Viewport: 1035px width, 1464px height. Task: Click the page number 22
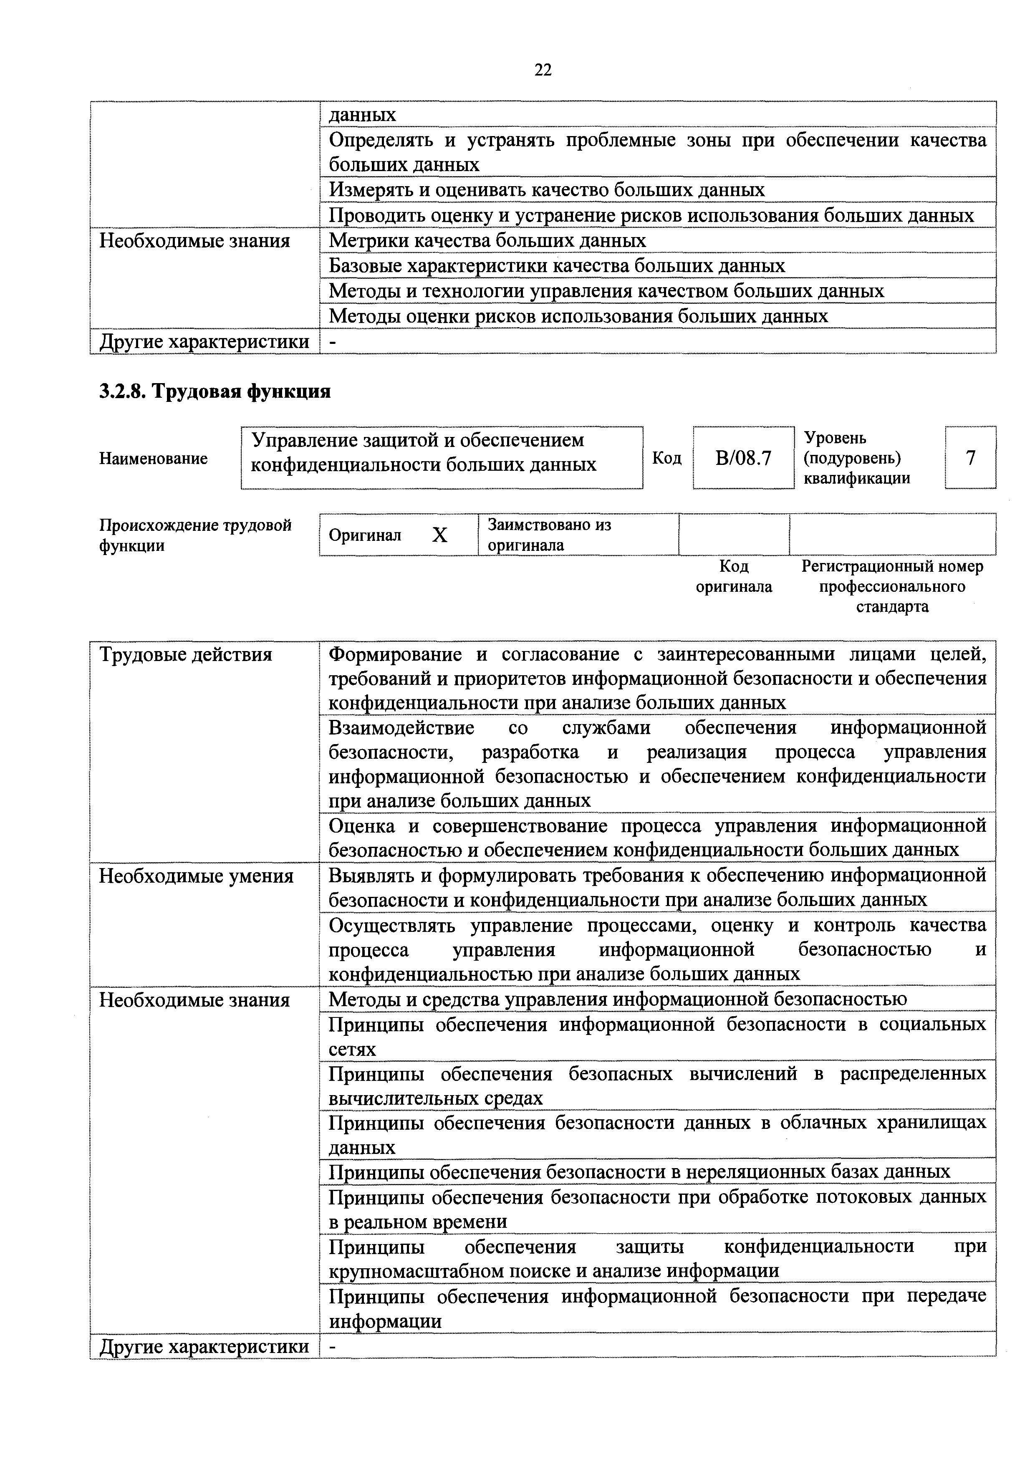tap(543, 70)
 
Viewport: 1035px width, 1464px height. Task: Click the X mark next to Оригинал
tap(439, 535)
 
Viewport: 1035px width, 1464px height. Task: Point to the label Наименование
tap(153, 459)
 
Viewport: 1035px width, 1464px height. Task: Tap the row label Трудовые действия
tap(186, 655)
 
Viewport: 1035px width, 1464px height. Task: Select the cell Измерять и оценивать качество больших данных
tap(547, 190)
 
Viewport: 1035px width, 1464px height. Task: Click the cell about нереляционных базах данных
tap(639, 1171)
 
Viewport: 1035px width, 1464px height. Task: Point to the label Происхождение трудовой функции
tap(195, 535)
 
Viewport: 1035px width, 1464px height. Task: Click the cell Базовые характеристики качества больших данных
tap(557, 265)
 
